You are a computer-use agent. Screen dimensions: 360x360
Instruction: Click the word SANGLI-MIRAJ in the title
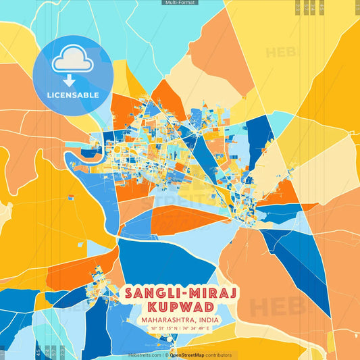point(180,294)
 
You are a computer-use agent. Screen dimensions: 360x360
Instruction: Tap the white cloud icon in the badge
point(72,61)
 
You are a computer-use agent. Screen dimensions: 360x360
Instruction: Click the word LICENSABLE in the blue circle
point(73,95)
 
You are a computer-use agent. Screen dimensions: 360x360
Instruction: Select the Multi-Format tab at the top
point(180,3)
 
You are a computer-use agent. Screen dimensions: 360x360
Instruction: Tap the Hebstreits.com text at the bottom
point(145,355)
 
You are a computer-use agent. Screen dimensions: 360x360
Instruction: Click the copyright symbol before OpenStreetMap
point(166,355)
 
